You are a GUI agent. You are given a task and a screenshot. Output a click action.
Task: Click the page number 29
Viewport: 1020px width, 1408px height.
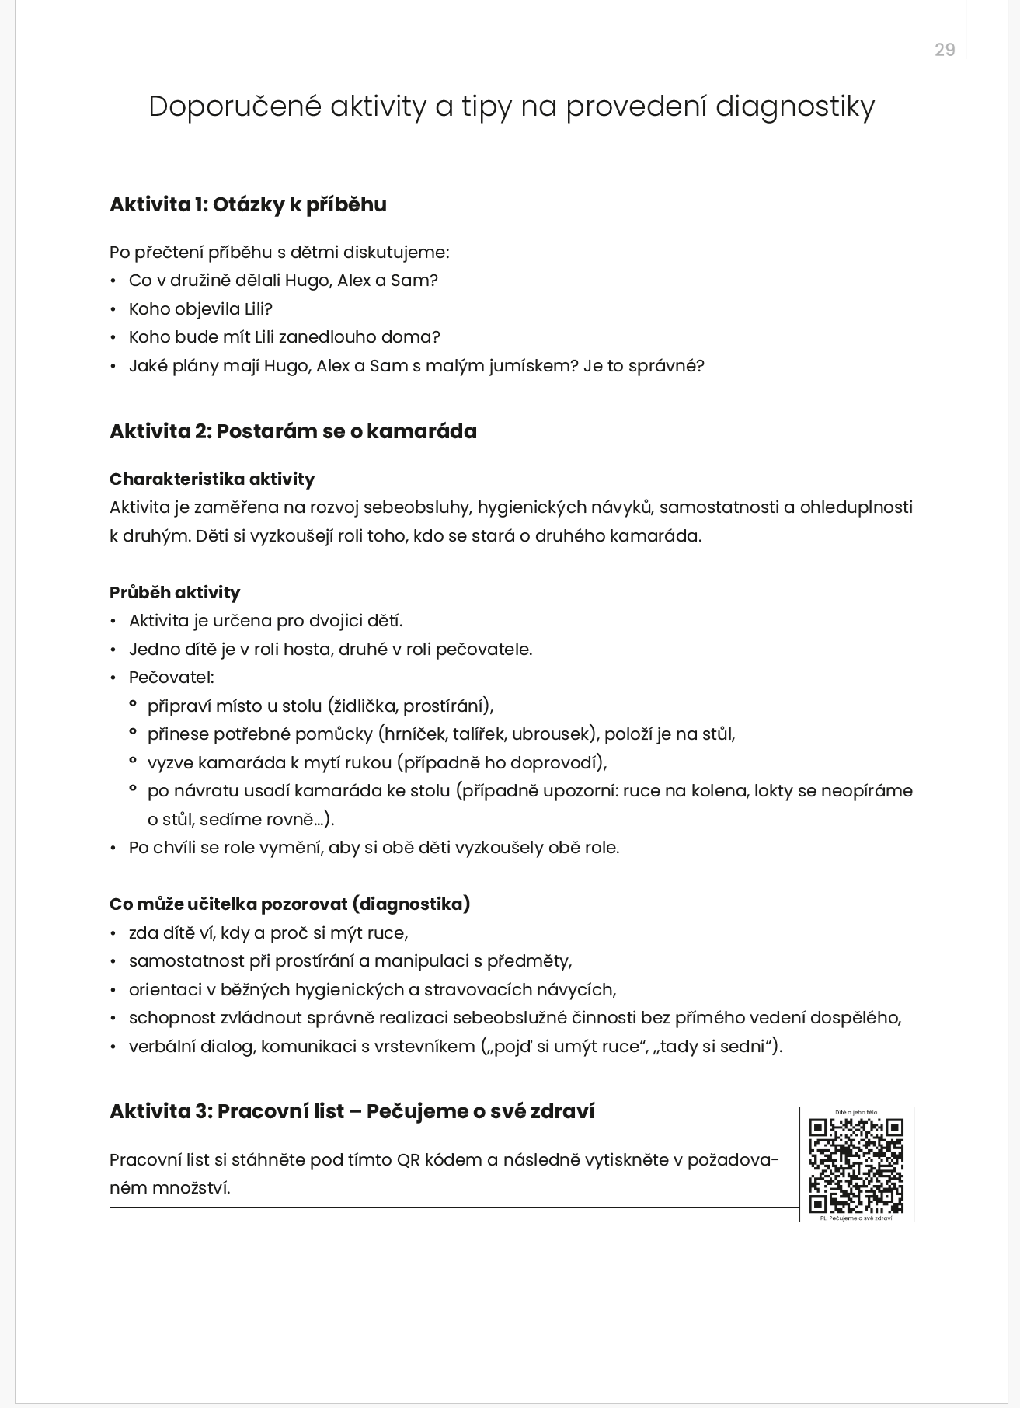944,50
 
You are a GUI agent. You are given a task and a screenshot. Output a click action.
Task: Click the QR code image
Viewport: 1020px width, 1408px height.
856,1165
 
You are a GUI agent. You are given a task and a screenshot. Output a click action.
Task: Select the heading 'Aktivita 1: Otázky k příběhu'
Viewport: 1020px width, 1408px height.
248,204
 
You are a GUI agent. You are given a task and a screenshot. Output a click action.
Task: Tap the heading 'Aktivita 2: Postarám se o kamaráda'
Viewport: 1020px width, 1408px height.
293,431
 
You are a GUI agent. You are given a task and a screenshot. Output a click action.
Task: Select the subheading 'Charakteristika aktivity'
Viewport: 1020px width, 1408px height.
212,479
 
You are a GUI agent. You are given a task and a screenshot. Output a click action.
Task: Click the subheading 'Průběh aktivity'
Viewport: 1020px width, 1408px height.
175,592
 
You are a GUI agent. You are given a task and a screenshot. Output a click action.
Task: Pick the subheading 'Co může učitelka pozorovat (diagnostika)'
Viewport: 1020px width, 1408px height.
290,904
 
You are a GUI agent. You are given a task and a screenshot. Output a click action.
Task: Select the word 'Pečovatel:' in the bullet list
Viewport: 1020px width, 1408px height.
171,678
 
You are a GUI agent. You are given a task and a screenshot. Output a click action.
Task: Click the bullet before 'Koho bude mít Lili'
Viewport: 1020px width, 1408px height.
113,338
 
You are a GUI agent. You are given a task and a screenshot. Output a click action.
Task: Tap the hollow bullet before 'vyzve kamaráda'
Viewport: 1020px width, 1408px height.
133,762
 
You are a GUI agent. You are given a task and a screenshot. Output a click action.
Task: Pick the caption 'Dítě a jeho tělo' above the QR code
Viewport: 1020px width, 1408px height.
856,1113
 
